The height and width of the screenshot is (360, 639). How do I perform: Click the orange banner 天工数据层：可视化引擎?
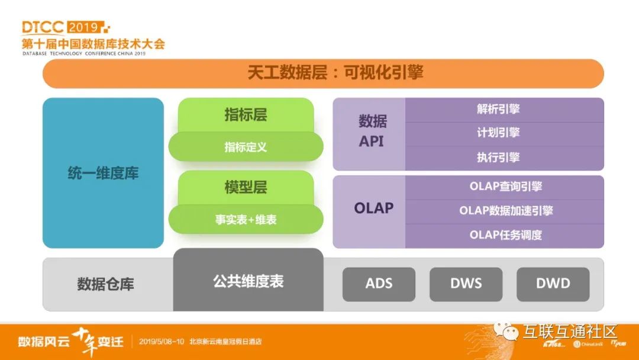click(323, 73)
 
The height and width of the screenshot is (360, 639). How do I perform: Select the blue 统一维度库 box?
click(103, 173)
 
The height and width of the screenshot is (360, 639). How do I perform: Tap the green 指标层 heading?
click(246, 115)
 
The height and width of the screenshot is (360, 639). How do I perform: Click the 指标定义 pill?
click(246, 147)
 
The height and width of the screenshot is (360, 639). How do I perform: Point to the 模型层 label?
click(246, 188)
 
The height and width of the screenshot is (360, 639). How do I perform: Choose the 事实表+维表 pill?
click(246, 220)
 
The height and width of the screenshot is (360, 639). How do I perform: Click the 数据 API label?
click(372, 131)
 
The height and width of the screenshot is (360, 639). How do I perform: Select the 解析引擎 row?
click(504, 110)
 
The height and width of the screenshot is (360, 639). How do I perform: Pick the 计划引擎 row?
click(504, 134)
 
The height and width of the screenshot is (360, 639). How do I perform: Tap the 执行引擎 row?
click(504, 157)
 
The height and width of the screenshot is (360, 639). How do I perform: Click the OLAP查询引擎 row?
click(504, 187)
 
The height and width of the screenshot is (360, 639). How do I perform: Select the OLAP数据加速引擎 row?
click(504, 211)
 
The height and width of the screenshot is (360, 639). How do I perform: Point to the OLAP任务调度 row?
click(504, 235)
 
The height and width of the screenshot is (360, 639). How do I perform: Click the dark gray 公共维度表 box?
click(248, 281)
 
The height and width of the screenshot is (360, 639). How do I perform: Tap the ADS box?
click(379, 284)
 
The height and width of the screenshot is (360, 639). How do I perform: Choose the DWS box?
click(466, 284)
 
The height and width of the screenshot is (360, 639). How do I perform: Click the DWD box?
click(553, 284)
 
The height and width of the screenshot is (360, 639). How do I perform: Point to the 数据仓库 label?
click(105, 284)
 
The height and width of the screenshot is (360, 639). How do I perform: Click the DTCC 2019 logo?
click(65, 27)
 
